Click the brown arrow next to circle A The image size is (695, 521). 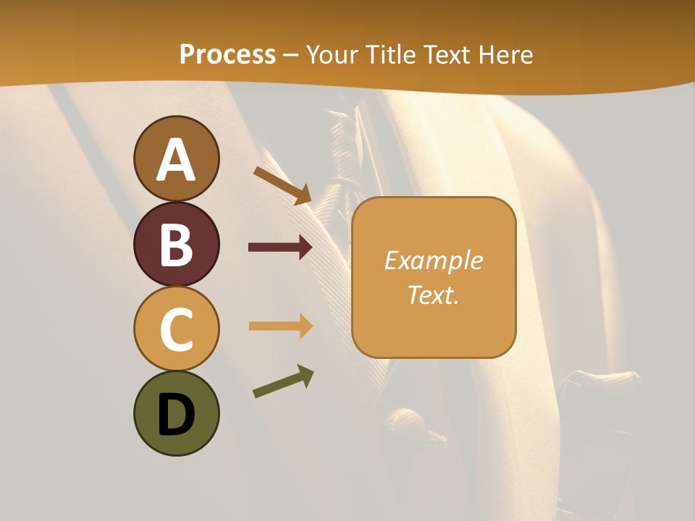(x=282, y=185)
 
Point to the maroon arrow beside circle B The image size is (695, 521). (x=280, y=247)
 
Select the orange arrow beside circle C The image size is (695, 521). (x=280, y=326)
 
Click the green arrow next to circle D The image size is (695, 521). (x=283, y=381)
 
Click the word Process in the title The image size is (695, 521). (x=227, y=54)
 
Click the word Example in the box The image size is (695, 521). (x=433, y=260)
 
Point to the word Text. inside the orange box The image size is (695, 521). (x=433, y=295)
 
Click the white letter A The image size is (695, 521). (x=176, y=160)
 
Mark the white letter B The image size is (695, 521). (x=176, y=245)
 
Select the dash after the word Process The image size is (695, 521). (x=290, y=56)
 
